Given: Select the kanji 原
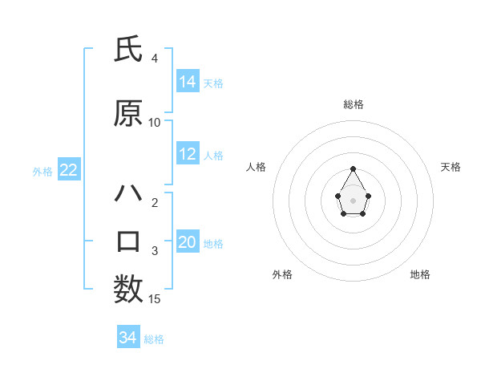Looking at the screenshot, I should (128, 114).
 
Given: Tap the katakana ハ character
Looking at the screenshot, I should (128, 193).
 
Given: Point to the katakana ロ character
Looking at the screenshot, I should (128, 241).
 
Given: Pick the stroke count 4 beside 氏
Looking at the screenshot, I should (155, 59).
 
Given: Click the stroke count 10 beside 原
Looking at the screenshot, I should (155, 122).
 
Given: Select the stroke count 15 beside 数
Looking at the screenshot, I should (155, 299).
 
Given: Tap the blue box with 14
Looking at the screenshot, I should (188, 81).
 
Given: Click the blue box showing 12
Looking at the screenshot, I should (188, 154).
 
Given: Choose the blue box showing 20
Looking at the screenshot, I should (188, 242).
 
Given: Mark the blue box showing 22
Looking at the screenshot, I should (68, 170).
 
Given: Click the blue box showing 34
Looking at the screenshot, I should (128, 338).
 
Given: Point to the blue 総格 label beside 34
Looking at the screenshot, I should (154, 339).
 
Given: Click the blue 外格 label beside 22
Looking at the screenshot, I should (42, 171).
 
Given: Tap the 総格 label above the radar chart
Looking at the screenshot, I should (354, 104).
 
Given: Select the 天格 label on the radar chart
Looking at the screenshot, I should (451, 167).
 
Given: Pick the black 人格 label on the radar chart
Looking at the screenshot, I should (257, 167).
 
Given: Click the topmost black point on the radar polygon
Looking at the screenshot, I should (354, 168).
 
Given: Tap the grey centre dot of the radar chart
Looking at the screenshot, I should (354, 199).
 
